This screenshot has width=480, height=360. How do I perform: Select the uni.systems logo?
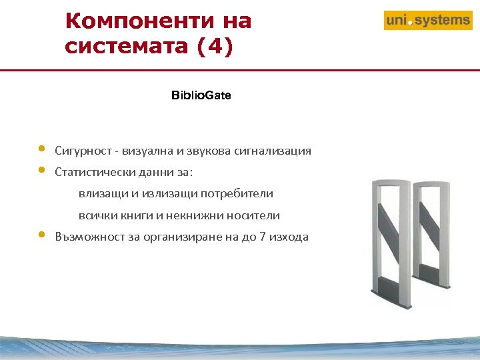pos(428,21)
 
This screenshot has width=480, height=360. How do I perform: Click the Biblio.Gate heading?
pos(201,95)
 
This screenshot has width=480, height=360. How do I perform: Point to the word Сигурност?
pos(79,151)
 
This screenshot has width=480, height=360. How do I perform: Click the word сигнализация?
pos(273,151)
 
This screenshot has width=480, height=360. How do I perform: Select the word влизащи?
pos(100,194)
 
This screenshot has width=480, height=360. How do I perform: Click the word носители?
pos(254,216)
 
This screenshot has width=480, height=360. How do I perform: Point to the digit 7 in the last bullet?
pos(264,237)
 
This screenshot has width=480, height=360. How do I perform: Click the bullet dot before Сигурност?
pos(41,148)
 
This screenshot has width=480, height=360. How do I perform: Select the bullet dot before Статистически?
pos(41,169)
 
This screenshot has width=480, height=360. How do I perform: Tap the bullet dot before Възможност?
pos(41,235)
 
